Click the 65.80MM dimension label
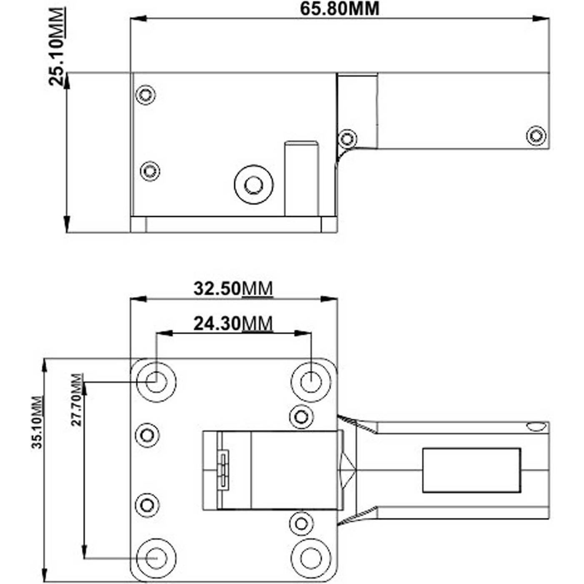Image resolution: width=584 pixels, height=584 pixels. (x=339, y=9)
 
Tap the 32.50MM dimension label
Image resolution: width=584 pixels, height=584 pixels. (x=233, y=288)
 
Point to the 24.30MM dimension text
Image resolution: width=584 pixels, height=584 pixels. (x=233, y=323)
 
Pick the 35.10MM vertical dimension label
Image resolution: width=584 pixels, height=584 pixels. (x=37, y=422)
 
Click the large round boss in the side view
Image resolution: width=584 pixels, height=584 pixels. (x=253, y=184)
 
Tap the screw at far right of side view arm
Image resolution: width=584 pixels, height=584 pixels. (x=536, y=135)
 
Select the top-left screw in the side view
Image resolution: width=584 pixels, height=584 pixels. (x=145, y=95)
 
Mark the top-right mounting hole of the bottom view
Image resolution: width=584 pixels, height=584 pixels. (x=311, y=381)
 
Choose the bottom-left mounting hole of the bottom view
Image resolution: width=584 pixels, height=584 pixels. (x=156, y=558)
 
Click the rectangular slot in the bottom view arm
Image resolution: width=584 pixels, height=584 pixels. (x=471, y=470)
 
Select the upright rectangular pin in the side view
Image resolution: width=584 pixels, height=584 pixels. (x=301, y=178)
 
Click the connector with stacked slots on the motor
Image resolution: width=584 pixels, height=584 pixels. (x=224, y=470)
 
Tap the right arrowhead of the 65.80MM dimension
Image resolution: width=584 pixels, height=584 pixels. (x=541, y=18)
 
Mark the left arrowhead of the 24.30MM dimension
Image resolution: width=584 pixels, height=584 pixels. (x=163, y=333)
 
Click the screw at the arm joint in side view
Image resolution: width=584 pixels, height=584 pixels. (x=347, y=138)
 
